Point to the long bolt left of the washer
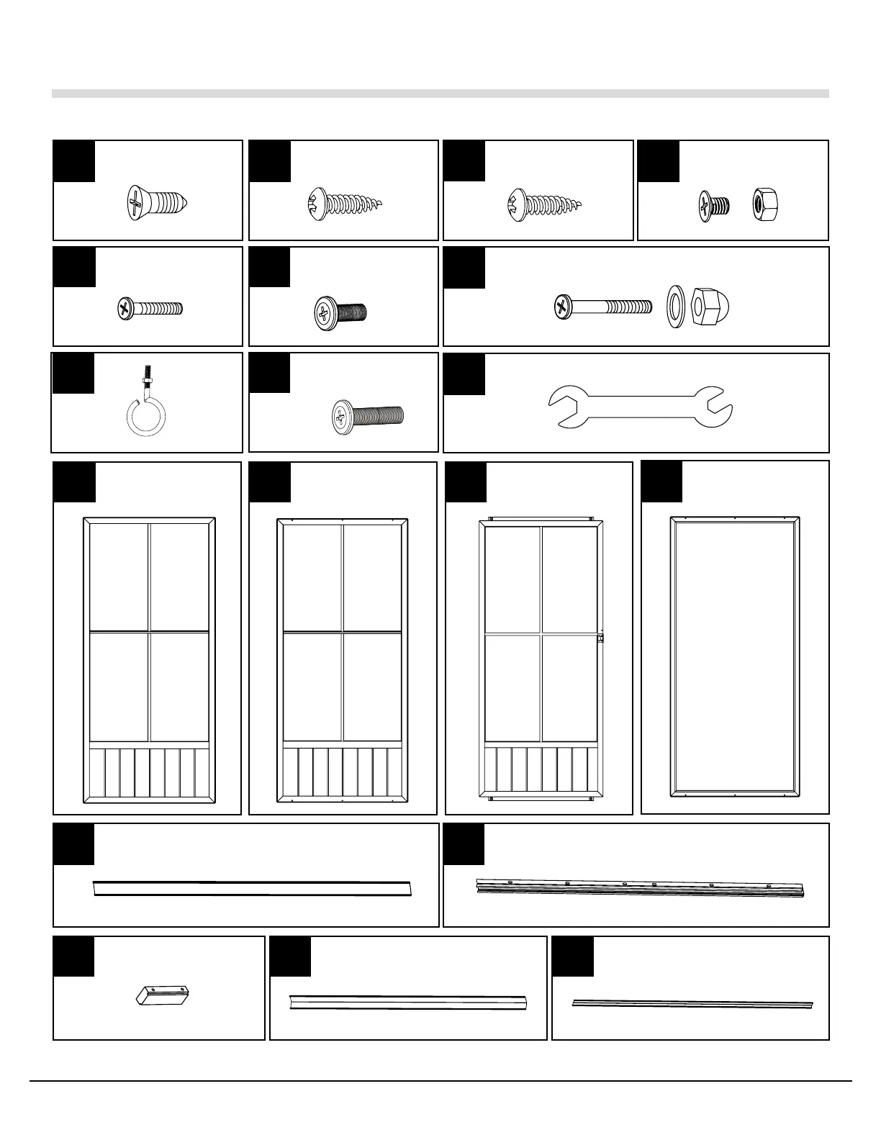pyautogui.click(x=602, y=308)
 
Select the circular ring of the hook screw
pyautogui.click(x=146, y=417)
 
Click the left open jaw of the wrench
pyautogui.click(x=566, y=406)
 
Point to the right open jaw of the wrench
pyautogui.click(x=717, y=406)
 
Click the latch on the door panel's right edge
pyautogui.click(x=600, y=637)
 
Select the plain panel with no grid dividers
pyautogui.click(x=735, y=656)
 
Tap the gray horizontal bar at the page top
pyautogui.click(x=440, y=93)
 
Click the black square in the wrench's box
pyautogui.click(x=464, y=374)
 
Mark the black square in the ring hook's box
pyautogui.click(x=73, y=374)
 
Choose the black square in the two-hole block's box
pyautogui.click(x=73, y=956)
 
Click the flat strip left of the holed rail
pyautogui.click(x=252, y=888)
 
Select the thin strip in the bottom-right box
pyautogui.click(x=692, y=1003)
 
